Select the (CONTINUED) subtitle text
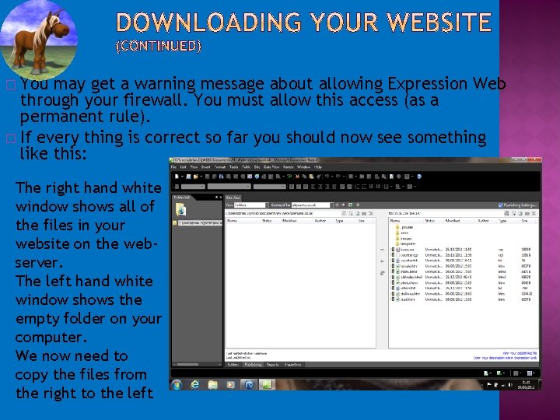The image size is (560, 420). tap(158, 46)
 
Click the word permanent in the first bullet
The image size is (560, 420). tap(59, 117)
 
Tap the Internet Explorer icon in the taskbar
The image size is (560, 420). tap(195, 384)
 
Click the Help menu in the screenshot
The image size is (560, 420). tap(318, 167)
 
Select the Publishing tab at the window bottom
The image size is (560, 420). tap(253, 363)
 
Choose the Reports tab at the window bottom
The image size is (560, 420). tap(273, 363)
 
